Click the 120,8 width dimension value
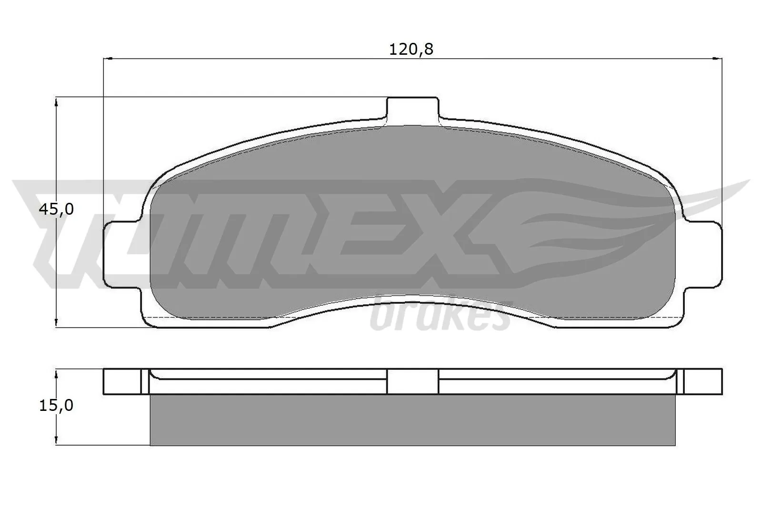pos(411,49)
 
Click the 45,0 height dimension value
pos(56,209)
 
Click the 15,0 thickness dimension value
pos(56,406)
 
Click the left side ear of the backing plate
pos(123,255)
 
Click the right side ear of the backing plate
pos(702,255)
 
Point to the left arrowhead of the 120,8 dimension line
pos(108,59)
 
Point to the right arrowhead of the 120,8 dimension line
pos(718,59)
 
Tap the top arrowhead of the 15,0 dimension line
pos(57,373)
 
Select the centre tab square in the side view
pos(412,381)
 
